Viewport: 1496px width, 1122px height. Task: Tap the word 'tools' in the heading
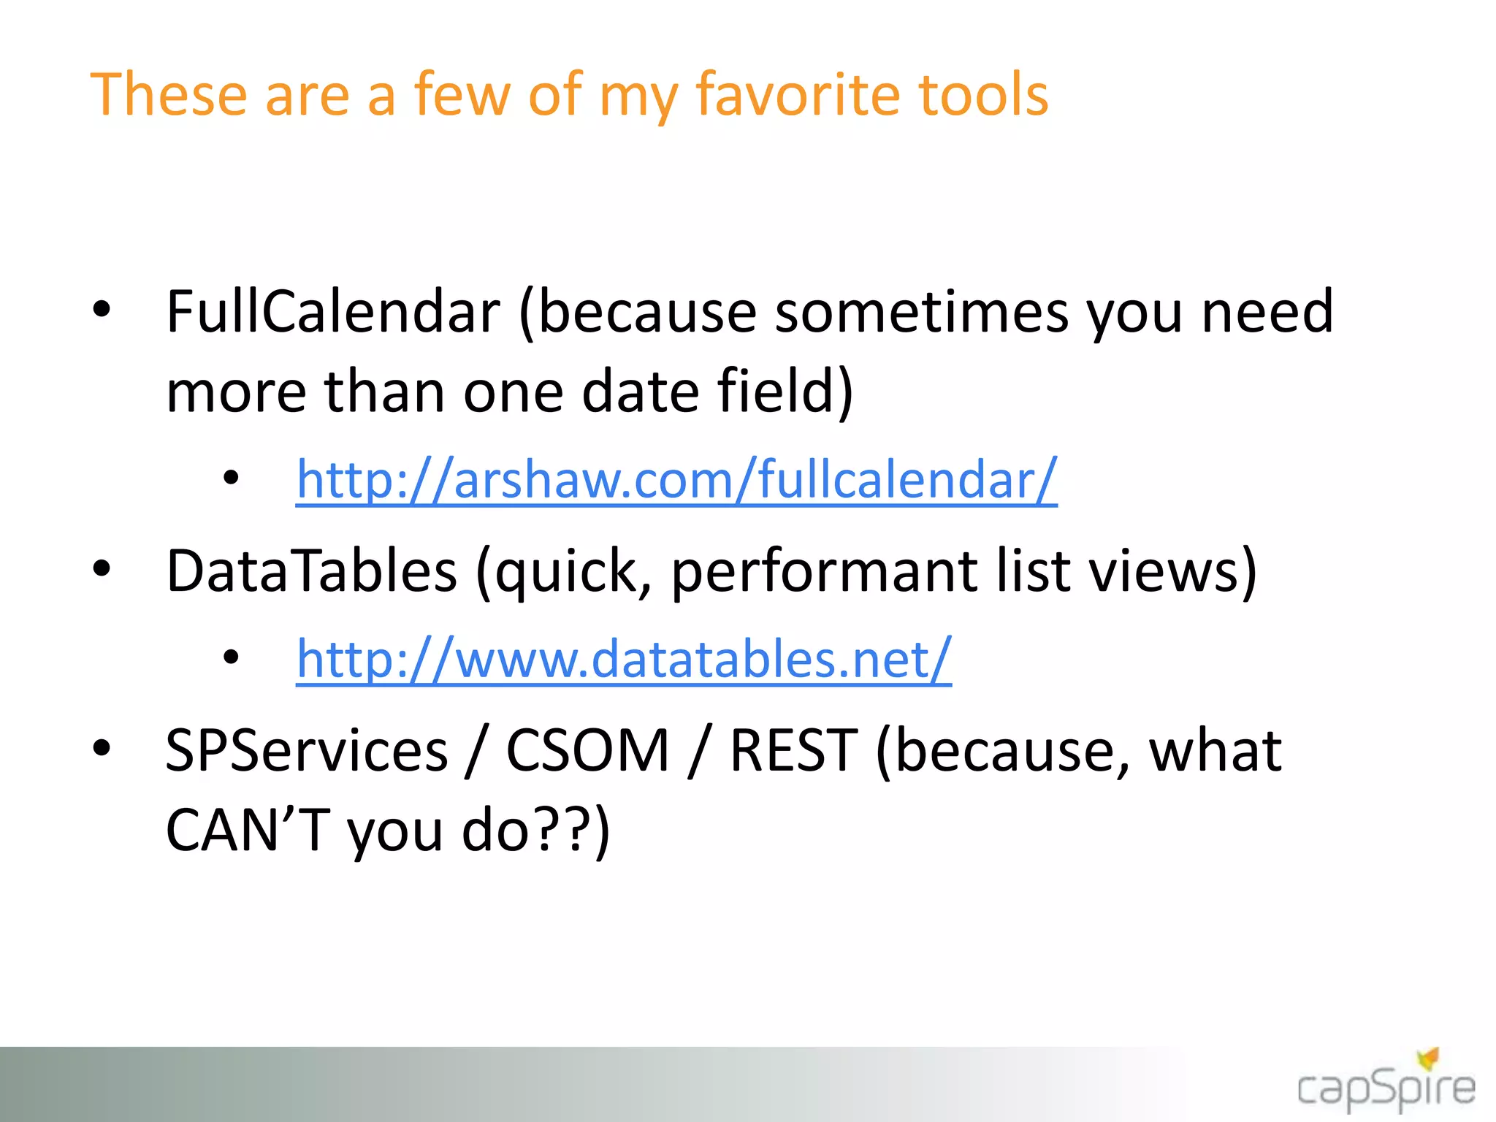click(983, 95)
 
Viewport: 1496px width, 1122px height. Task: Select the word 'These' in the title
click(169, 95)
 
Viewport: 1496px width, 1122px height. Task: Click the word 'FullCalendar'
click(333, 313)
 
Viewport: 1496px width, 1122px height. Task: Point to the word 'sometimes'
click(921, 313)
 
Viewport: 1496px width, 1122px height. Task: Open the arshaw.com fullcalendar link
click(676, 480)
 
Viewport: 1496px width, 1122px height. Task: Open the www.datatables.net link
click(624, 659)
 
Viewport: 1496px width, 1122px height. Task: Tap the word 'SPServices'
click(307, 751)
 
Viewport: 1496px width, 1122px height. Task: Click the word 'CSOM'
click(588, 751)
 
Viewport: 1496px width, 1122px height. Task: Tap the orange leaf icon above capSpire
click(1428, 1058)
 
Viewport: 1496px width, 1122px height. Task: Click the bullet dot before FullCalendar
click(102, 310)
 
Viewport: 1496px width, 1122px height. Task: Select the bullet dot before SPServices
click(102, 748)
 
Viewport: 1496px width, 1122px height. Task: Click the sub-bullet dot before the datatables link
click(232, 657)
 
